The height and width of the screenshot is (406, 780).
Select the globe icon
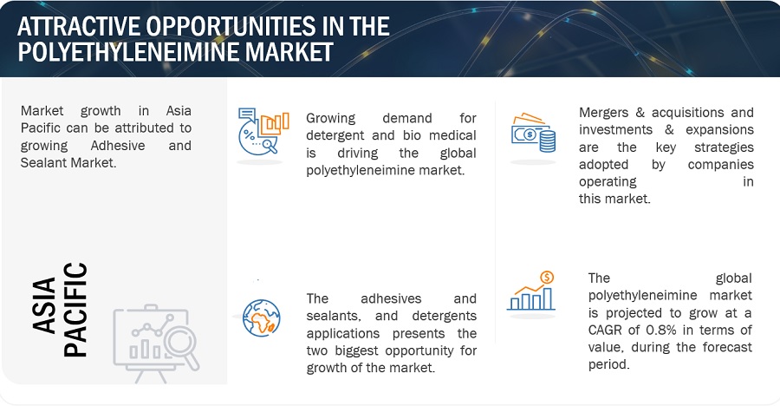coord(262,318)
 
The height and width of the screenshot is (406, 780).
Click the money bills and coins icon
coord(533,133)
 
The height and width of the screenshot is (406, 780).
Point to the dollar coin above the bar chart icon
coord(547,277)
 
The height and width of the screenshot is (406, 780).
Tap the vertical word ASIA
coord(44,304)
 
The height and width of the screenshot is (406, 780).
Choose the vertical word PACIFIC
coord(75,310)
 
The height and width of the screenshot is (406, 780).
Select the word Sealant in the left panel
coord(42,163)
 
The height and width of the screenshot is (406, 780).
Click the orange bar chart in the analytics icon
coord(275,124)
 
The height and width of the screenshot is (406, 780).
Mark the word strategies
coord(724,147)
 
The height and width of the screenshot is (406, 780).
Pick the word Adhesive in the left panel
coord(118,146)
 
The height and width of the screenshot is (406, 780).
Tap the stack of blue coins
coord(547,141)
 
